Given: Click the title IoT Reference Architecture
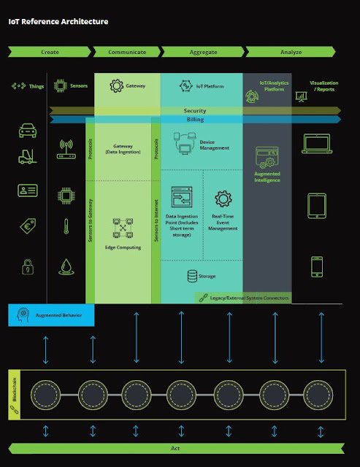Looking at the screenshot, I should [x=58, y=22].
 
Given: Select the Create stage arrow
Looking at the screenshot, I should [x=50, y=52].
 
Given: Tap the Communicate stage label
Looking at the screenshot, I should [x=127, y=52].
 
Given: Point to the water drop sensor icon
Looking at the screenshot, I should [x=66, y=266].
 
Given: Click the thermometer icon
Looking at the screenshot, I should [x=66, y=227].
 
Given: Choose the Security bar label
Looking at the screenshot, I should [x=194, y=111].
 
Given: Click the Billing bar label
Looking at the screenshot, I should [x=195, y=120].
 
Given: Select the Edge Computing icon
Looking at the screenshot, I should [x=122, y=229].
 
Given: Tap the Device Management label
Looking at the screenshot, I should [x=215, y=144].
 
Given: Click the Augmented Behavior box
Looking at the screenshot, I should [x=52, y=314].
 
